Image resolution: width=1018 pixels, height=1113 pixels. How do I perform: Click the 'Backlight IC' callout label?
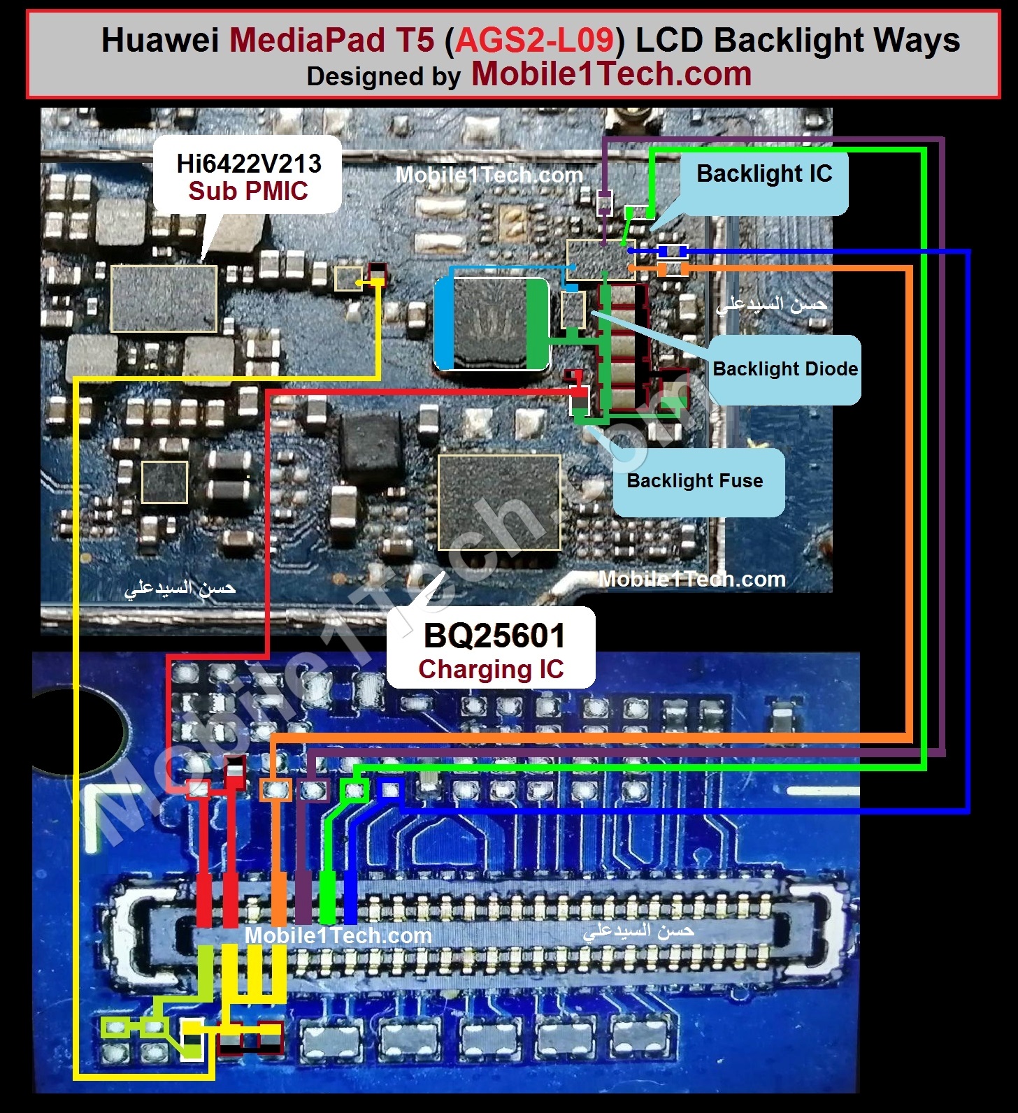tap(764, 173)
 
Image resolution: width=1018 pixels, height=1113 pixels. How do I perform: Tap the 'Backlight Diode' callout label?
tap(785, 368)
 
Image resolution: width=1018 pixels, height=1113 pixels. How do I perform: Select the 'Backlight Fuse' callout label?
tap(695, 481)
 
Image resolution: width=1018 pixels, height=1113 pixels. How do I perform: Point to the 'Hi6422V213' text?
tap(249, 164)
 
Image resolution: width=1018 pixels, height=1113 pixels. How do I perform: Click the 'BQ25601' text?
tap(494, 636)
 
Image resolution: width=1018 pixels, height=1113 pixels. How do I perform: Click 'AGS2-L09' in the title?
tap(535, 40)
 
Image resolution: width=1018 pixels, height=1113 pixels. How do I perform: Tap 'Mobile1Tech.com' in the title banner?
tap(612, 73)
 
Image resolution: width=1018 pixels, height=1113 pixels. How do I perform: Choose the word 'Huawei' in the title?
tap(160, 40)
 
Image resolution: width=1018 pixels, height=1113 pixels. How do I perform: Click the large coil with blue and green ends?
tap(492, 324)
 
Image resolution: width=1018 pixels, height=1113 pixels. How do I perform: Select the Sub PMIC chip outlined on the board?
tap(164, 299)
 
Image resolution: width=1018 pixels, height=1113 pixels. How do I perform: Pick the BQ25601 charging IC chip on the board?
tap(499, 502)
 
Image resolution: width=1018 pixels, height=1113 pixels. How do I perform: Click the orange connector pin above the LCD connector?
tap(278, 898)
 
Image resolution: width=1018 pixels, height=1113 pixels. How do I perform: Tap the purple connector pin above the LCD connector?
tap(303, 898)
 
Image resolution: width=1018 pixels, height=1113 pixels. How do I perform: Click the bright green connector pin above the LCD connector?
tap(327, 898)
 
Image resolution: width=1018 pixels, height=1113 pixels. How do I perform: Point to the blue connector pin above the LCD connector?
tap(350, 898)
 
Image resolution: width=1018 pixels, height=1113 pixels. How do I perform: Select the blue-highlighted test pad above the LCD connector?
tap(390, 790)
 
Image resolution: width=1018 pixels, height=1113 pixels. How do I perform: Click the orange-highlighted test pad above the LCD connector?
tap(275, 790)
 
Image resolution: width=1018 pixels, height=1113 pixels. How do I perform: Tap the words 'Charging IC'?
tap(491, 669)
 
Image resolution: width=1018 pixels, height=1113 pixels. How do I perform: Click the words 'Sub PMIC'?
tap(248, 191)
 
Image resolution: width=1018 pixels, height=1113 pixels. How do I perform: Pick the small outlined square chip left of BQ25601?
tap(164, 482)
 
